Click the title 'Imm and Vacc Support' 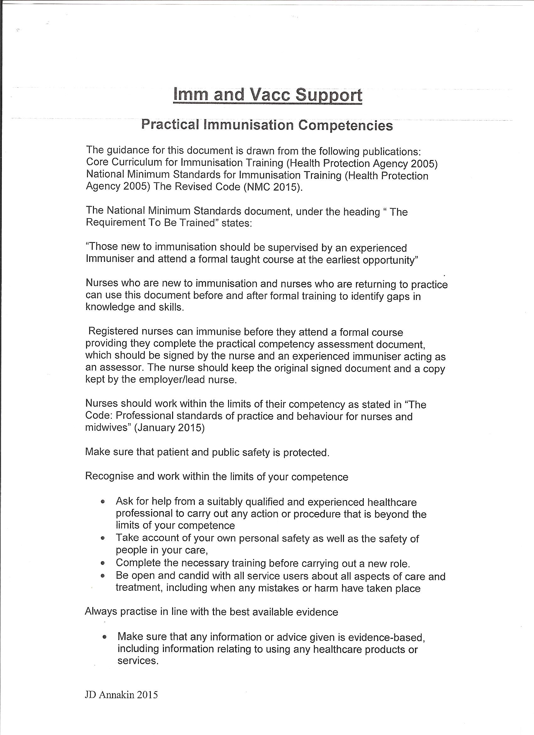click(x=268, y=95)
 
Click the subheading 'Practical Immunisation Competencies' click(x=267, y=125)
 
